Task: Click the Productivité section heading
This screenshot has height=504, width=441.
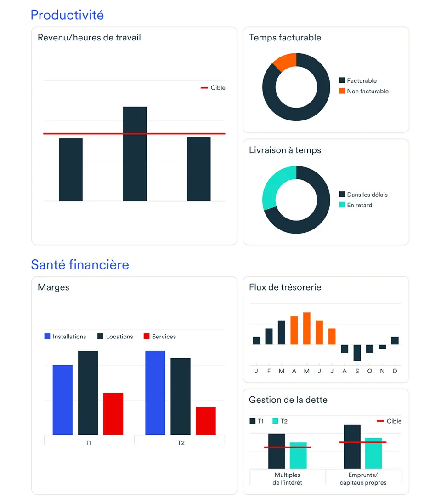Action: coord(67,15)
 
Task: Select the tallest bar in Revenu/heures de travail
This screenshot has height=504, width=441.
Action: coord(135,154)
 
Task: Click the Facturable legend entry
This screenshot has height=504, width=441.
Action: coord(361,81)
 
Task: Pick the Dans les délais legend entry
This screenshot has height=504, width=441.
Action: coord(367,195)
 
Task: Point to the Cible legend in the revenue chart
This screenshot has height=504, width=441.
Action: coord(214,88)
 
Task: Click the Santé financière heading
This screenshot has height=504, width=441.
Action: coord(80,265)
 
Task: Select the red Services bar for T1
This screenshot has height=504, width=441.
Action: coord(113,413)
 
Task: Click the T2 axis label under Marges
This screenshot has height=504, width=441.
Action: coord(181,443)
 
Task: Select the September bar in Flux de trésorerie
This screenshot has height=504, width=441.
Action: coord(357,353)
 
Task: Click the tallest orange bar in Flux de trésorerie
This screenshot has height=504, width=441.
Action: coord(306,328)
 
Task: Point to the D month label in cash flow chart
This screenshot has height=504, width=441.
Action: coord(395,371)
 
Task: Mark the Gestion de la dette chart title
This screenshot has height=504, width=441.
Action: coord(288,400)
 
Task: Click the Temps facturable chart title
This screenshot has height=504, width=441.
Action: coord(285,38)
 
